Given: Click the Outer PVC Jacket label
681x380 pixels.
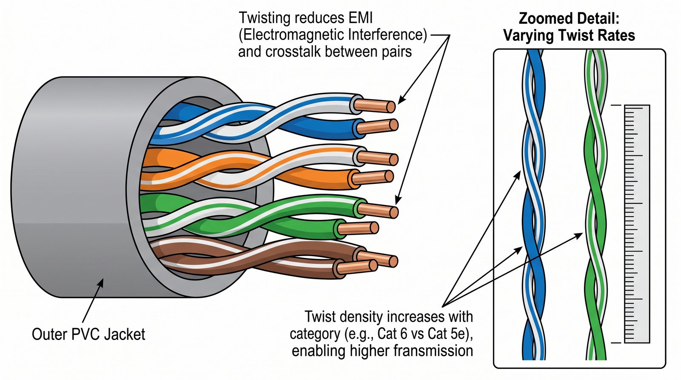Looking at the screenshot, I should tap(89, 334).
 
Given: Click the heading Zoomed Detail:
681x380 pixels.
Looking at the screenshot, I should tap(569, 18).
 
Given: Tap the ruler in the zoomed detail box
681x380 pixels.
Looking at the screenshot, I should tap(637, 223).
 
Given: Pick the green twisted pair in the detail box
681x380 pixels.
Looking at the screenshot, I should tap(595, 204).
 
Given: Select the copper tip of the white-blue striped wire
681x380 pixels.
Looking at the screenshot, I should tap(375, 105).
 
